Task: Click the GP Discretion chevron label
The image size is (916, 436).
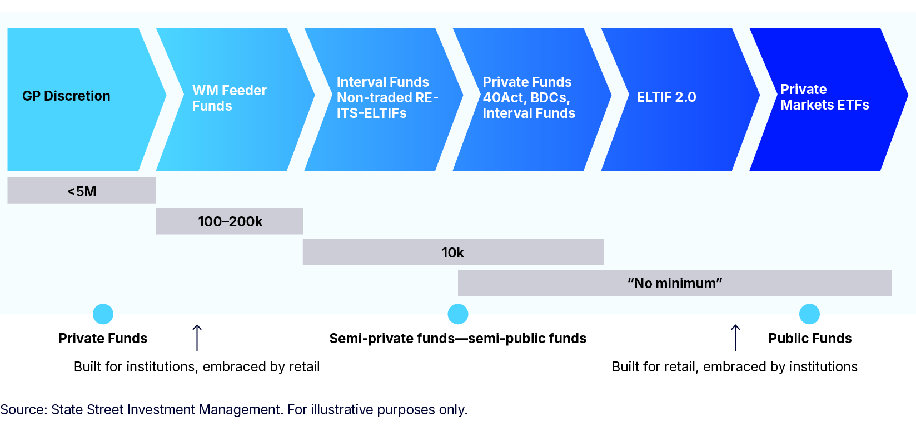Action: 66,96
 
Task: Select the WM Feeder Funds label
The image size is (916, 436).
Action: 229,98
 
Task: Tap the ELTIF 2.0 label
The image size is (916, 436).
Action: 666,97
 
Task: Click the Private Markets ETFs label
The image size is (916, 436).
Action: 824,97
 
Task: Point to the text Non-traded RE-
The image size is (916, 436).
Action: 387,98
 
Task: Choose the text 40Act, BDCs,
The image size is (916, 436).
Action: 526,98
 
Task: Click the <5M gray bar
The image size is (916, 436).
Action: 82,191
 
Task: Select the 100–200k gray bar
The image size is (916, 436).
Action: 230,221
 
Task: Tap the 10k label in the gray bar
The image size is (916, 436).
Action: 452,252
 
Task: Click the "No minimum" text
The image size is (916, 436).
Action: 675,283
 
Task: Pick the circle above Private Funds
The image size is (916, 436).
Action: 103,314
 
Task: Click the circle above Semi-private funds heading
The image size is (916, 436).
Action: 457,314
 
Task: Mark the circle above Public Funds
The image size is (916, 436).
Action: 809,314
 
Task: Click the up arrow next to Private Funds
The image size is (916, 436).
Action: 197,337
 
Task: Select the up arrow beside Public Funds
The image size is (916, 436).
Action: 735,337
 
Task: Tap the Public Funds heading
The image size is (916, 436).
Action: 810,338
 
